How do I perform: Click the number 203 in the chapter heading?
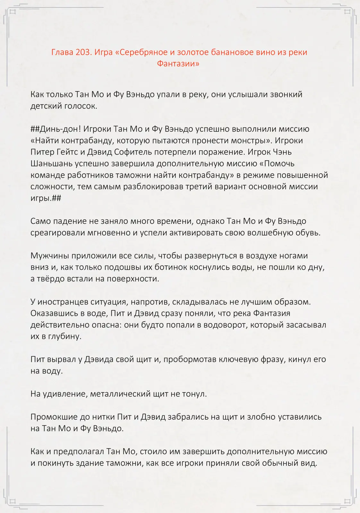click(x=83, y=52)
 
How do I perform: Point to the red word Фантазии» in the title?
click(x=178, y=63)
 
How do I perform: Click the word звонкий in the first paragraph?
click(x=286, y=95)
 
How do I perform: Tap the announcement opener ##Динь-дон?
click(x=56, y=129)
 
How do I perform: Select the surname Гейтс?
click(x=69, y=152)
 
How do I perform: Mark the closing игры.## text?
click(x=46, y=198)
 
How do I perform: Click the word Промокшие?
click(x=52, y=417)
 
